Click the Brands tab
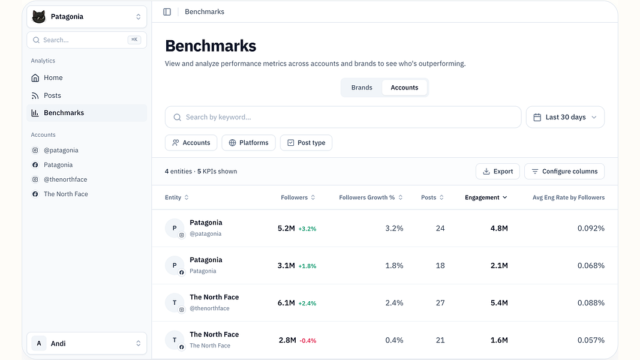point(362,88)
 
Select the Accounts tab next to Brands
point(404,88)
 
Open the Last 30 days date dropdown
point(565,117)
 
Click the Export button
point(498,172)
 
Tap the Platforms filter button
point(248,142)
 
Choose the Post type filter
point(306,142)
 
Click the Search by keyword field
point(343,117)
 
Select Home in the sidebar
point(53,77)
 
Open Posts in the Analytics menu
point(52,95)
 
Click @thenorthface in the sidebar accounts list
point(65,179)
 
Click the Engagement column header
point(486,197)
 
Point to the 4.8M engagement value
point(499,228)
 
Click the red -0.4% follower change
point(308,340)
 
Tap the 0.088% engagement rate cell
point(591,303)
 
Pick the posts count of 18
point(440,266)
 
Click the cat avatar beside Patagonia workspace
point(39,17)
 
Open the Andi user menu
point(86,343)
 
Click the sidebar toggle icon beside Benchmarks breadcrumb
point(167,12)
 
